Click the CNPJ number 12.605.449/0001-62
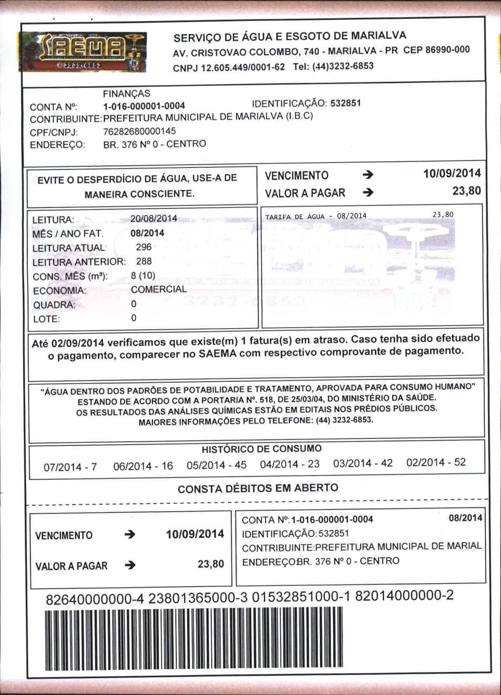click(x=243, y=67)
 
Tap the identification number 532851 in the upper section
click(x=345, y=103)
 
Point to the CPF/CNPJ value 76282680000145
click(x=140, y=132)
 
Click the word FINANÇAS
click(x=127, y=93)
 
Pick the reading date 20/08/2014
click(x=153, y=219)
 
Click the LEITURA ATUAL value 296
click(x=144, y=247)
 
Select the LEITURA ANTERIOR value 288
click(x=144, y=261)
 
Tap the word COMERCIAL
click(x=158, y=290)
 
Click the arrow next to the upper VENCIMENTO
click(x=368, y=175)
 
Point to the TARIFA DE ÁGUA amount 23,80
click(x=443, y=215)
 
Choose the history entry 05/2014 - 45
click(x=216, y=465)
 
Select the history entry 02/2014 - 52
click(x=436, y=463)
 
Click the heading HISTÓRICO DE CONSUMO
click(x=261, y=449)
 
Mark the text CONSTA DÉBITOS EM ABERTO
click(x=258, y=488)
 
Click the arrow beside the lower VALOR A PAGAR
click(x=130, y=565)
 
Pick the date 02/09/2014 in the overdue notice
click(x=77, y=343)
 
